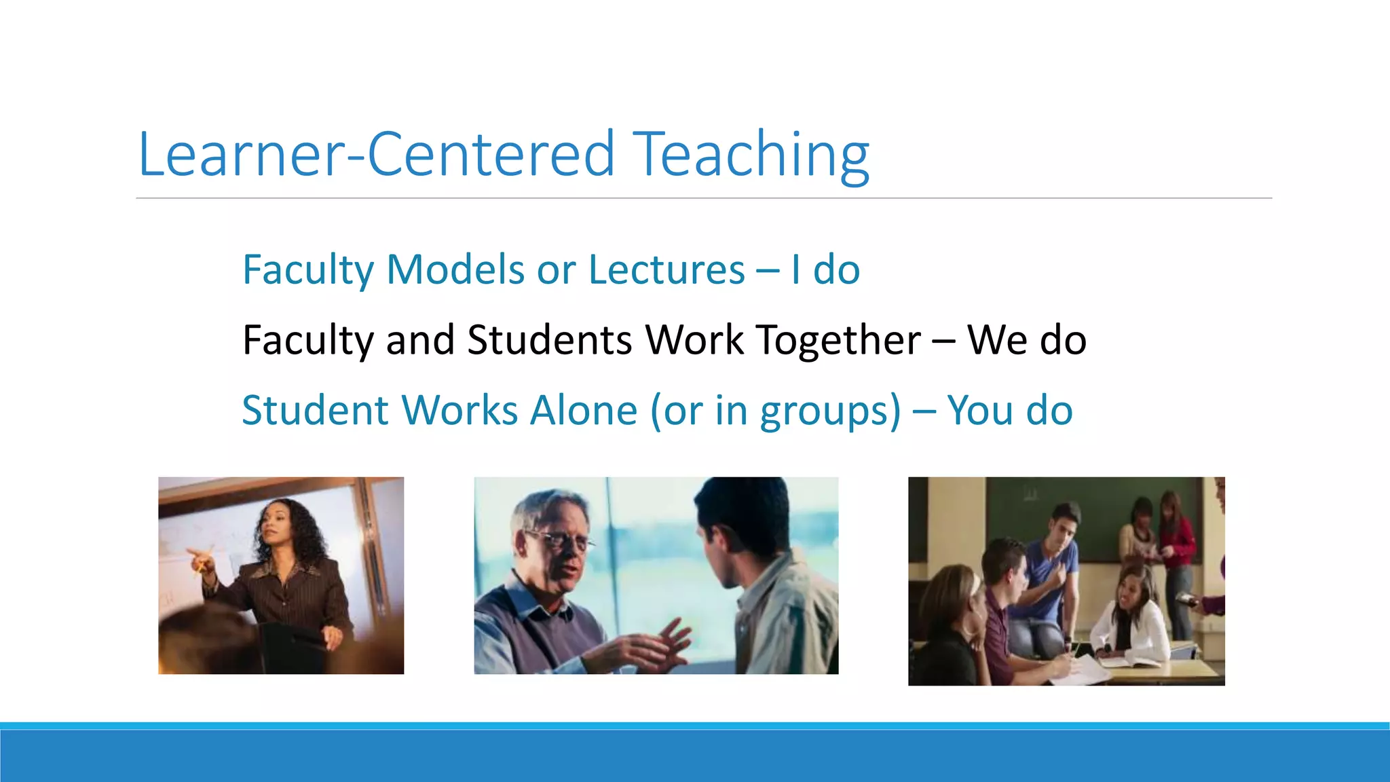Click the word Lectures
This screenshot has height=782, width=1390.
coord(666,269)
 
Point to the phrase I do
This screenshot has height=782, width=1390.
coord(825,269)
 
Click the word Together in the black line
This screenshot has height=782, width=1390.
coord(839,340)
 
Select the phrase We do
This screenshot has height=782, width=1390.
coord(1026,340)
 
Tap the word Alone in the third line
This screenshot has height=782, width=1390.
coord(584,411)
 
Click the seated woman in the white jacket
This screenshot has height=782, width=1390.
coord(1130,611)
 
